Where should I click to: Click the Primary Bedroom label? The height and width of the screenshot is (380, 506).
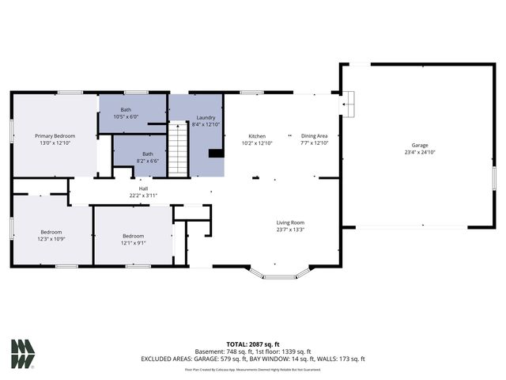[55, 135]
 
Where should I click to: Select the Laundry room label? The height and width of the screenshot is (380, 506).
[206, 118]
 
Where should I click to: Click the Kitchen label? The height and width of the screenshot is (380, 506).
[257, 135]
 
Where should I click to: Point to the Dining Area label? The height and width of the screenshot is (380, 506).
[314, 135]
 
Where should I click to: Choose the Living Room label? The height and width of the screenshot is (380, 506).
[290, 222]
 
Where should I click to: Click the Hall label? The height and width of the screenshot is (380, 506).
[143, 188]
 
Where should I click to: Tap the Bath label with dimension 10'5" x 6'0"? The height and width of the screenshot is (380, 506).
[126, 109]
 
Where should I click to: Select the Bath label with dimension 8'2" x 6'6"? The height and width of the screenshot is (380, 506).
[147, 154]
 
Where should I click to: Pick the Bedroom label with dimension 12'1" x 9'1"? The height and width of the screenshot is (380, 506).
[133, 236]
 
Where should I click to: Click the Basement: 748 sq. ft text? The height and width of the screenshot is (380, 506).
[226, 352]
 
